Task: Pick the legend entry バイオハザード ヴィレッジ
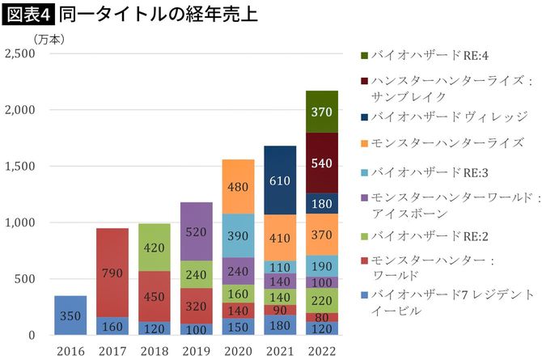tap(441, 116)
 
